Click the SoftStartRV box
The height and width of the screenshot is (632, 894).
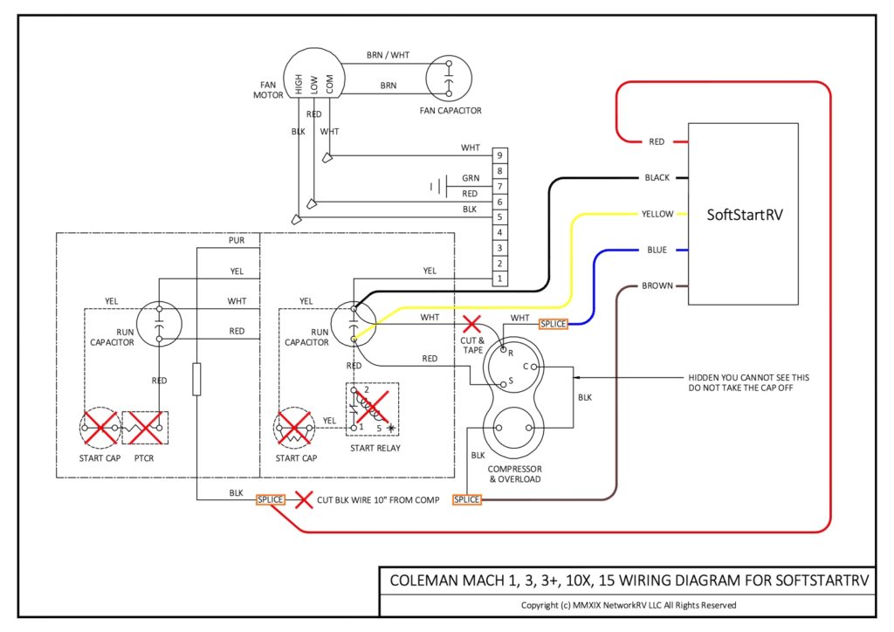(x=743, y=214)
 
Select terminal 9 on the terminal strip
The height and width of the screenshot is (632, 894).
(x=499, y=155)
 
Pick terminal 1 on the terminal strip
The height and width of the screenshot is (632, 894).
(x=499, y=278)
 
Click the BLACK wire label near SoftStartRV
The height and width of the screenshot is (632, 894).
(x=657, y=178)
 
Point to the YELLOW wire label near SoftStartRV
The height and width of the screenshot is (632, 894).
(x=657, y=214)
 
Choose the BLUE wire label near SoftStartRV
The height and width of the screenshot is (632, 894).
(x=657, y=251)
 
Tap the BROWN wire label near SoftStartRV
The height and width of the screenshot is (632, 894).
(x=657, y=286)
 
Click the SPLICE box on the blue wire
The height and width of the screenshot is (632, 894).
(x=554, y=324)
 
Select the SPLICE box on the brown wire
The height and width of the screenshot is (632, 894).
(x=466, y=499)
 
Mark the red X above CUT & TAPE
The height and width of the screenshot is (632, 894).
(x=472, y=324)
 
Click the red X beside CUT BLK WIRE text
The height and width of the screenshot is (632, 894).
(x=304, y=500)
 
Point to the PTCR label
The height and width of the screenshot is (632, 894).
(x=146, y=457)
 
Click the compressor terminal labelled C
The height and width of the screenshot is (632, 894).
(x=533, y=368)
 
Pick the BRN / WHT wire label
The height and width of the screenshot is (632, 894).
(x=388, y=55)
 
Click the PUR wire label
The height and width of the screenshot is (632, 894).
(x=237, y=240)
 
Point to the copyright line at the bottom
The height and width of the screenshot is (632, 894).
(x=629, y=605)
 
